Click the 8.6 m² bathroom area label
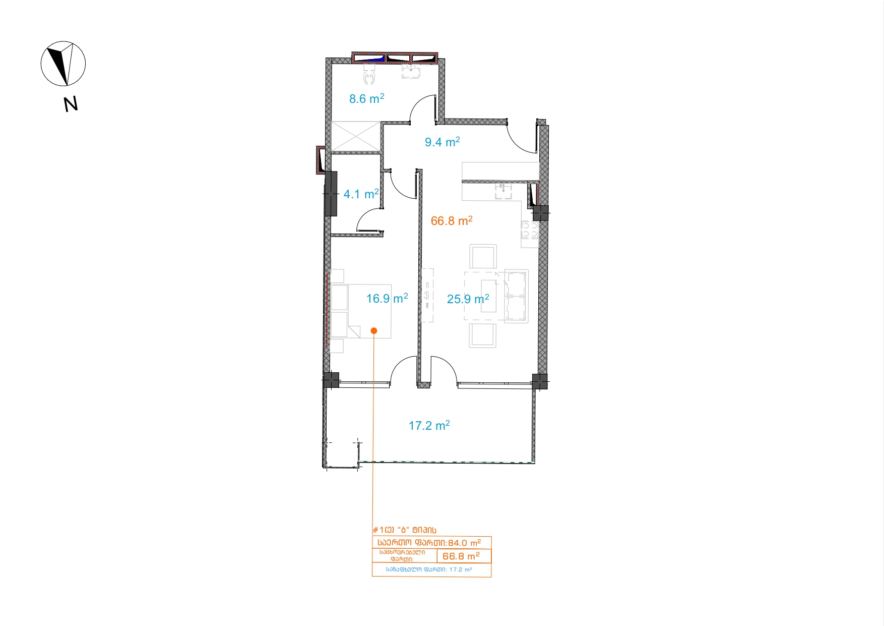367,98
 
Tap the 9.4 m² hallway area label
442,142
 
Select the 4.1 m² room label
361,194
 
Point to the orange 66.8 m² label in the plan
452,220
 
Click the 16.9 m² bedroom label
387,298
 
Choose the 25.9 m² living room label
468,299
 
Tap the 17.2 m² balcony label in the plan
429,425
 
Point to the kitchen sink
502,191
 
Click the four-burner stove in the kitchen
530,230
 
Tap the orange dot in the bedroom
373,331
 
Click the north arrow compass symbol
63,64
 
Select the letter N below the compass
71,104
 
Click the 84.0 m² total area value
464,543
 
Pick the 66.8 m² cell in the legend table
461,556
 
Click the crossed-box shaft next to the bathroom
355,136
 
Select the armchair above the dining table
483,257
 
